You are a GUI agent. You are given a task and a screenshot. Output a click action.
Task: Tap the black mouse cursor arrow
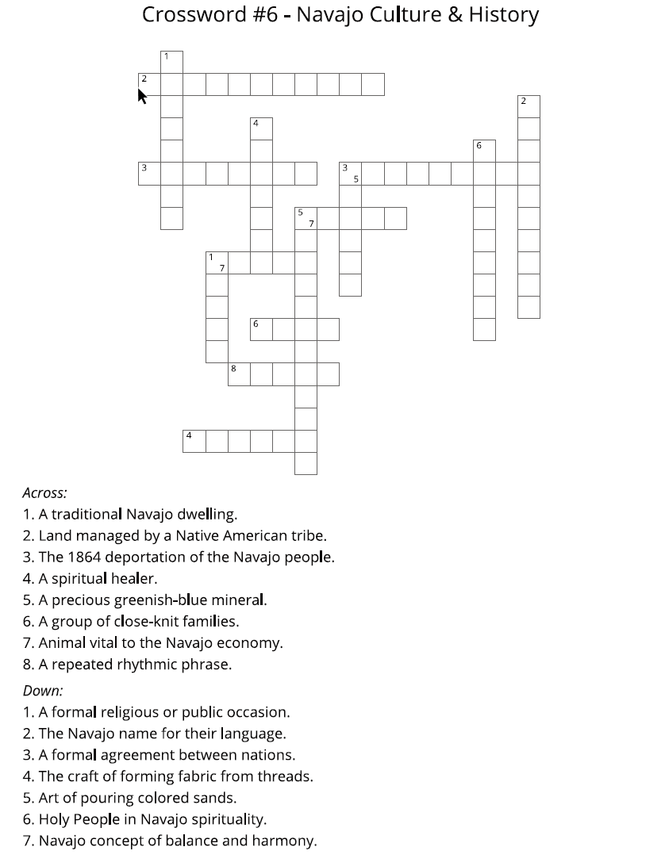tap(143, 96)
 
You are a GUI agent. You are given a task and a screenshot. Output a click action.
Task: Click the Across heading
tap(44, 492)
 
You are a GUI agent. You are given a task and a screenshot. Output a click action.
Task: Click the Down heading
tap(43, 691)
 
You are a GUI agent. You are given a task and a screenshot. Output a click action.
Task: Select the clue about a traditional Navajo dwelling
tap(130, 514)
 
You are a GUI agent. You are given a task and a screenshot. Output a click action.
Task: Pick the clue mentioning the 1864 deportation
tap(179, 557)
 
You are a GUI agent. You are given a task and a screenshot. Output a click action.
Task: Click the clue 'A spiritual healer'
tap(90, 578)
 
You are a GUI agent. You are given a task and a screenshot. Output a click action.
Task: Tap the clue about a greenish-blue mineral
tap(144, 600)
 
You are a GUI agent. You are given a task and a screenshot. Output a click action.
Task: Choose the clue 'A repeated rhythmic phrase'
tap(127, 664)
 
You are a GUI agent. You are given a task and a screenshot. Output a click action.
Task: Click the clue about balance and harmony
tap(170, 841)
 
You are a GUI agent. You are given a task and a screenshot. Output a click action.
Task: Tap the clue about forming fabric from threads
tap(168, 776)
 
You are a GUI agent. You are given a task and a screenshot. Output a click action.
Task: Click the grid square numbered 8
tap(239, 374)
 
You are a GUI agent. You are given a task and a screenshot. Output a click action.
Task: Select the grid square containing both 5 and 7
tap(306, 218)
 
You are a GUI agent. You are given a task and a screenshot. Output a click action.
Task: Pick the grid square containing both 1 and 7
tap(217, 262)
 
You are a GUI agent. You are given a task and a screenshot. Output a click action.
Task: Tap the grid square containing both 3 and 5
tap(350, 173)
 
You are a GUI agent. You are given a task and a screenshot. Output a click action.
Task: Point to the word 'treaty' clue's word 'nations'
tap(267, 755)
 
